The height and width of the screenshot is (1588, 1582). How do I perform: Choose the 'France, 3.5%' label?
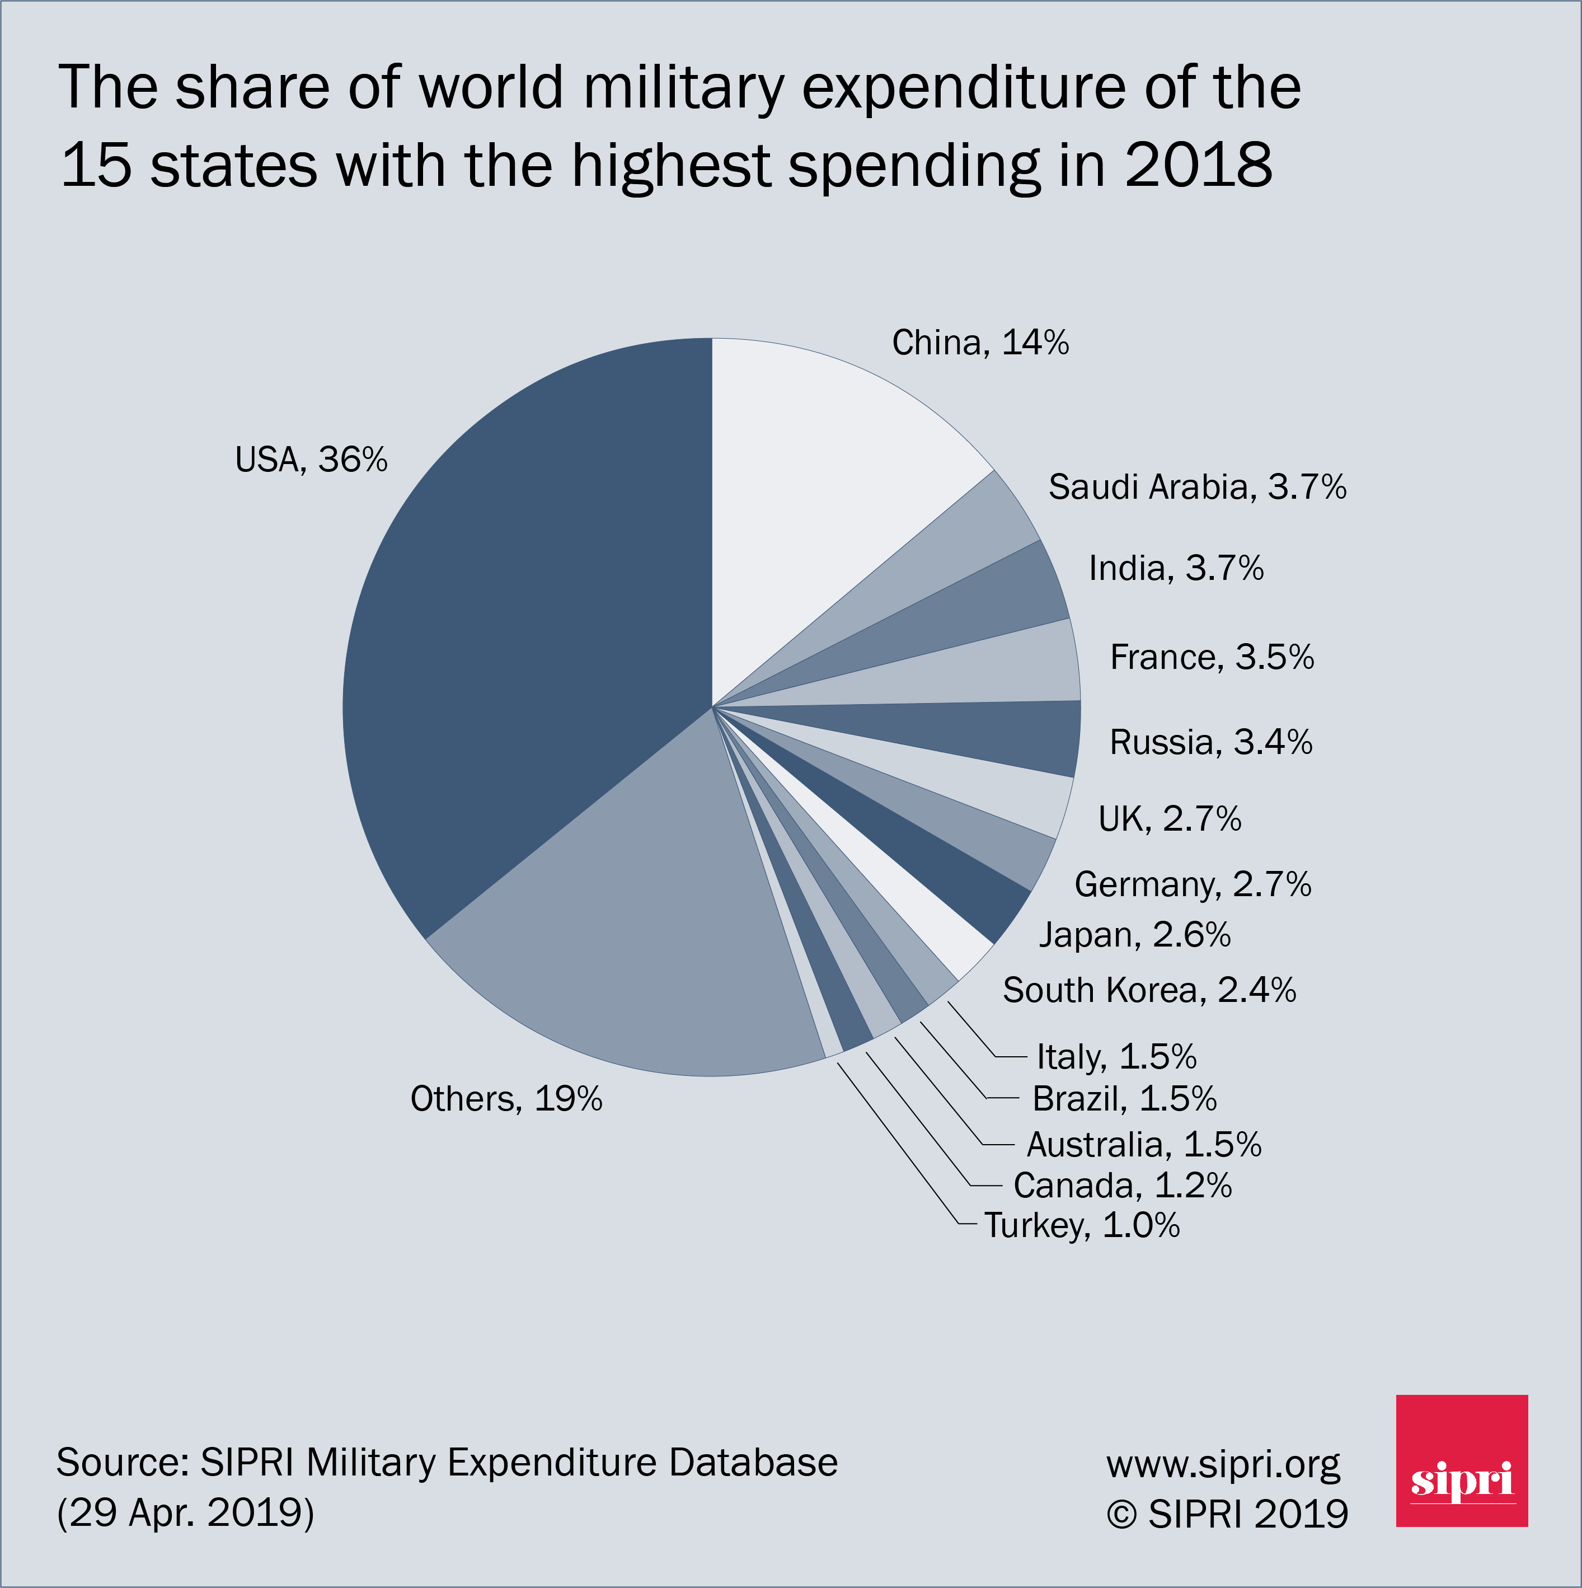coord(1212,658)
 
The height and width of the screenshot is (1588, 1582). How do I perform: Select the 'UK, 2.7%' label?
coord(1170,819)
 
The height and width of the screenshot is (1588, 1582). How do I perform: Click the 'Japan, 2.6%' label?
coord(1135,935)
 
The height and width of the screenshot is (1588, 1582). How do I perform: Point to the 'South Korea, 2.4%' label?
coord(1149,990)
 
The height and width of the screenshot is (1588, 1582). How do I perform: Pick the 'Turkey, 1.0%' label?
coord(1082,1225)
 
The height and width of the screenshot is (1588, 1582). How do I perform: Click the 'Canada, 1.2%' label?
coord(1123,1185)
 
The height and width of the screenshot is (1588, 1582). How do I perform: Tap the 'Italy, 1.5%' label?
coord(1116,1057)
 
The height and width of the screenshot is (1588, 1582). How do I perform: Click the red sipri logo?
coord(1461,1460)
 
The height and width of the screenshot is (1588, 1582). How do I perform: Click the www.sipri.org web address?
coord(1223,1464)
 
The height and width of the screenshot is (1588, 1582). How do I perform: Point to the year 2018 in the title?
coord(1198,165)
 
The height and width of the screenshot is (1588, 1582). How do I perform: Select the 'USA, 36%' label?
coord(311,460)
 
